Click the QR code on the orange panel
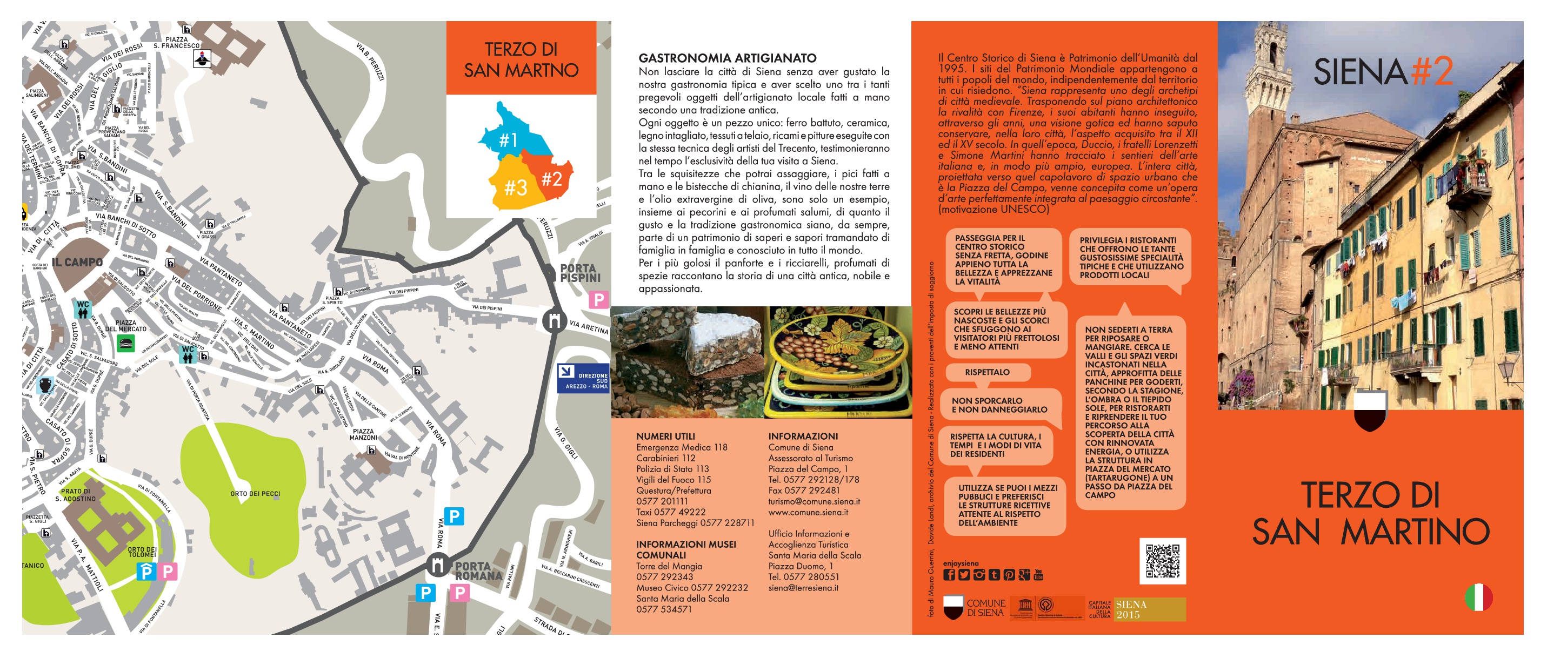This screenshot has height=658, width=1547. click(1162, 561)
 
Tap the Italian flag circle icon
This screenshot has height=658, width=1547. click(1478, 597)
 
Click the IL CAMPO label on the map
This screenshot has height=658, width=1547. click(77, 263)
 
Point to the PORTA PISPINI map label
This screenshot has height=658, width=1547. click(579, 273)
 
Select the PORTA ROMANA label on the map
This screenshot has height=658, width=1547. click(478, 571)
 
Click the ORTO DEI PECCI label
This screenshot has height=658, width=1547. click(255, 494)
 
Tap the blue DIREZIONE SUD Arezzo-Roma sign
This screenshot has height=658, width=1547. click(583, 378)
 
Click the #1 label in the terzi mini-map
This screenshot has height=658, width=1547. click(509, 140)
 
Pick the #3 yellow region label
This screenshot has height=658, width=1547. click(515, 188)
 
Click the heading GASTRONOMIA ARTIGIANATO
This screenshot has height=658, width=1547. click(727, 58)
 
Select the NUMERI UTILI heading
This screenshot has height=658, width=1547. click(665, 437)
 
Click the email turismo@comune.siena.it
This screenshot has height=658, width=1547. click(813, 501)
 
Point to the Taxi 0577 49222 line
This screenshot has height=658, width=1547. click(671, 512)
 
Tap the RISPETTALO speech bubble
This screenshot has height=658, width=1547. click(988, 372)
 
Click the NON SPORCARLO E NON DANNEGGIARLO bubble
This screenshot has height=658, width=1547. click(999, 405)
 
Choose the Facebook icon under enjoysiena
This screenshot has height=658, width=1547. click(949, 575)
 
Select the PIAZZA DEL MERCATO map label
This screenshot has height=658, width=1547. click(125, 326)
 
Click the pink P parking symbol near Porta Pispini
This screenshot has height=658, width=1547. click(598, 299)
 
